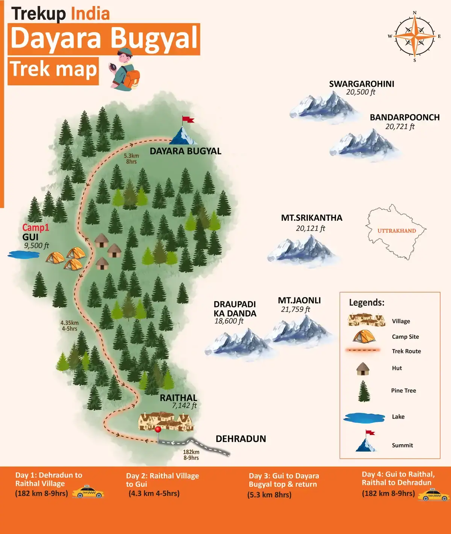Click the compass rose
tap(415, 36)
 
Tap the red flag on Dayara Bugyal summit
tap(188, 120)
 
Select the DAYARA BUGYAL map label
tap(185, 151)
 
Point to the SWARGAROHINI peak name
tap(362, 84)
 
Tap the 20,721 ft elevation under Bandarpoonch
tap(400, 127)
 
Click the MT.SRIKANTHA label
tap(312, 218)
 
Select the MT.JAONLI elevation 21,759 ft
tap(295, 309)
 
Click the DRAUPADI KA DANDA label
tap(235, 309)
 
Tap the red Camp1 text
tap(36, 228)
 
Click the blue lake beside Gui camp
tap(24, 255)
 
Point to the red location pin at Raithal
tap(158, 429)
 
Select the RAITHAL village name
tap(178, 398)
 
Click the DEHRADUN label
tap(241, 439)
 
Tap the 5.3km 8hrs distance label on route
tap(132, 158)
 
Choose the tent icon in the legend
tap(364, 336)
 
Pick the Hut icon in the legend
tap(363, 369)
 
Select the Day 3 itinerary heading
tap(283, 480)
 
